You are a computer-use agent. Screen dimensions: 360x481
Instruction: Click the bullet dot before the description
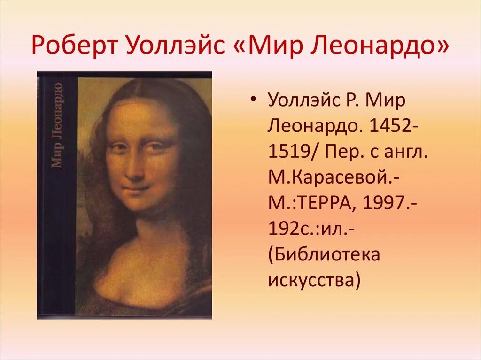(x=254, y=100)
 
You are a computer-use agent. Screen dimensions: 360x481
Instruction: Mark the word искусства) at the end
(x=314, y=281)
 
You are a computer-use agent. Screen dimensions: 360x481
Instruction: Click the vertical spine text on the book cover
(x=57, y=124)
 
